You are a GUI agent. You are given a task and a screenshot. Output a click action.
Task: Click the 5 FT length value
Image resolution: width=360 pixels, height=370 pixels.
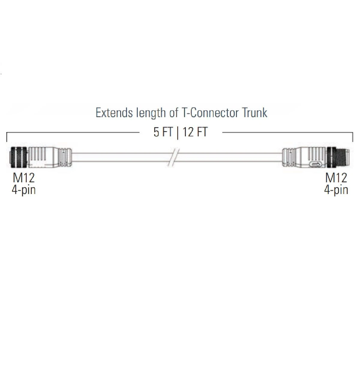(x=163, y=132)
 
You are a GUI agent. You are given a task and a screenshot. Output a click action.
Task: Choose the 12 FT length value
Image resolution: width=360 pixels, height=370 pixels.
(x=195, y=132)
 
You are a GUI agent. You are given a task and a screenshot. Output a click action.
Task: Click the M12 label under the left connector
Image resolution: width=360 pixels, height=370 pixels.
(x=23, y=178)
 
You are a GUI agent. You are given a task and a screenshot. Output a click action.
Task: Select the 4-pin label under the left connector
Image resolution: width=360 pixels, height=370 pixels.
(x=23, y=190)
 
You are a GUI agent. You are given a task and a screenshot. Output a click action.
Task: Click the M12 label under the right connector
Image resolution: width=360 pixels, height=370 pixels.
(x=336, y=178)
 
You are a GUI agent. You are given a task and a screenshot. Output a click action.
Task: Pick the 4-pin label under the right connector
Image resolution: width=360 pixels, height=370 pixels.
(x=336, y=190)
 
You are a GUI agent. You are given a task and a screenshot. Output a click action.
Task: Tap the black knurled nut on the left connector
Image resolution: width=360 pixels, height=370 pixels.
(x=19, y=157)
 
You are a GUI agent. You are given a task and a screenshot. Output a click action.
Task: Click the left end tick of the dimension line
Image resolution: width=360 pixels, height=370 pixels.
(x=7, y=137)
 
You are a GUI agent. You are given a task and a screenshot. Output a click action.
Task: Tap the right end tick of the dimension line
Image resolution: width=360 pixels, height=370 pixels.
(x=352, y=137)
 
